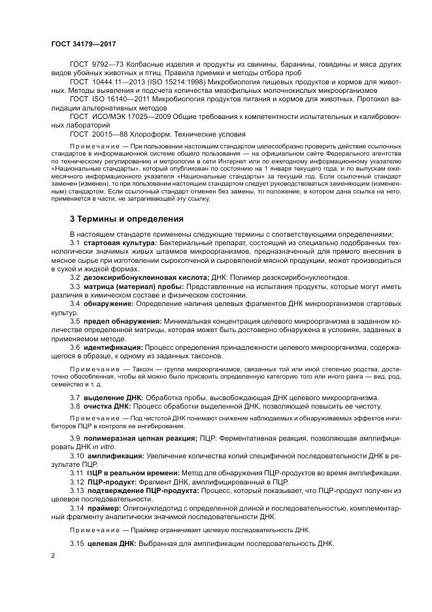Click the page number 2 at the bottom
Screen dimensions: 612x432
[53, 555]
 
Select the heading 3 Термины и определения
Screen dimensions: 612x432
[126, 218]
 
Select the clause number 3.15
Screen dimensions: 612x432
[76, 543]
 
